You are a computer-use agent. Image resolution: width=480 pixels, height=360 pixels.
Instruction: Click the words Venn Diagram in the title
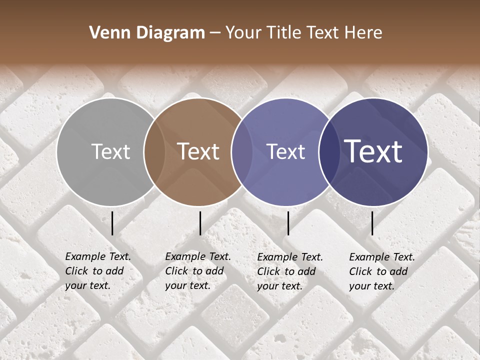[x=147, y=33]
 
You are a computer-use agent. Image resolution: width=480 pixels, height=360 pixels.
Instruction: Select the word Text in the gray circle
[x=110, y=152]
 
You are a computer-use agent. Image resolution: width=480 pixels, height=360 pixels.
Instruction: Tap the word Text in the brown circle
[x=198, y=152]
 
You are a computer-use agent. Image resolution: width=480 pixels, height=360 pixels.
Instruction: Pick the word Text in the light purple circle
[x=285, y=152]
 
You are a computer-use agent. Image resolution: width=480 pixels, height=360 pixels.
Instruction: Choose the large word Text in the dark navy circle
[x=373, y=152]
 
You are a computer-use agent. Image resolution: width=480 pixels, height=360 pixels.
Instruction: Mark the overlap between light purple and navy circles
[x=327, y=152]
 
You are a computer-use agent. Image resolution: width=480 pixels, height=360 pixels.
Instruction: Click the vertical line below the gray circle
[x=112, y=223]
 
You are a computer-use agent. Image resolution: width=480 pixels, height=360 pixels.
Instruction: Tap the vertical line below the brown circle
[x=200, y=223]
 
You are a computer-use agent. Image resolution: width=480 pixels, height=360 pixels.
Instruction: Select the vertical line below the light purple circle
[x=288, y=223]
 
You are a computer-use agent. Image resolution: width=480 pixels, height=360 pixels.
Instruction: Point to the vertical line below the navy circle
[x=372, y=223]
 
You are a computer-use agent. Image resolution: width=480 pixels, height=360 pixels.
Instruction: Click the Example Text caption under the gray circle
[x=98, y=271]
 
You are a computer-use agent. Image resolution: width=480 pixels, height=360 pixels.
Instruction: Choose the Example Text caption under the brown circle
[x=198, y=271]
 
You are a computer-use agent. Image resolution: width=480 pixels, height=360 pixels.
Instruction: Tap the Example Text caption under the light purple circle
[x=290, y=271]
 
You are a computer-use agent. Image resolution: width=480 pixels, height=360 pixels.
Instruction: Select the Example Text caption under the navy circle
[x=382, y=271]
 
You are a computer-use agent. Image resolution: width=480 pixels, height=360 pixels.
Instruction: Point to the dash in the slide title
[x=215, y=33]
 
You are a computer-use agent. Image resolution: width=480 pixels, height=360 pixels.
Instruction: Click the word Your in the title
[x=243, y=33]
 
